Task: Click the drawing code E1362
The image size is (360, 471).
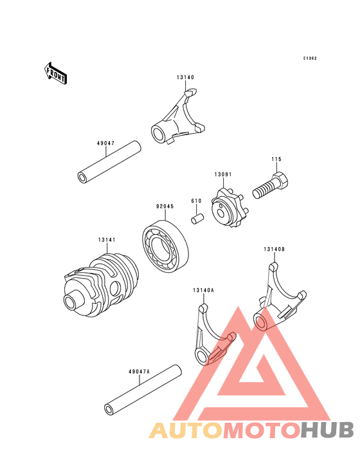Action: pyautogui.click(x=310, y=58)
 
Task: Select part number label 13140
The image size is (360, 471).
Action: pyautogui.click(x=186, y=77)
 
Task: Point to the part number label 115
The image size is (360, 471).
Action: pyautogui.click(x=276, y=159)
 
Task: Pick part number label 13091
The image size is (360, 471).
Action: pyautogui.click(x=223, y=174)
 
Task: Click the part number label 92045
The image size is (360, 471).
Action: pyautogui.click(x=165, y=207)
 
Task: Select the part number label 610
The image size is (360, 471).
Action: pyautogui.click(x=196, y=201)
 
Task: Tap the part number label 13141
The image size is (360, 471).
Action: pyautogui.click(x=107, y=240)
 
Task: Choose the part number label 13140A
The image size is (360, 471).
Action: pyautogui.click(x=203, y=290)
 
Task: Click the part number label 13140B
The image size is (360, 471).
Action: pyautogui.click(x=274, y=249)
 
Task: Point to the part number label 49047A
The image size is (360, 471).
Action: pyautogui.click(x=139, y=371)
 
